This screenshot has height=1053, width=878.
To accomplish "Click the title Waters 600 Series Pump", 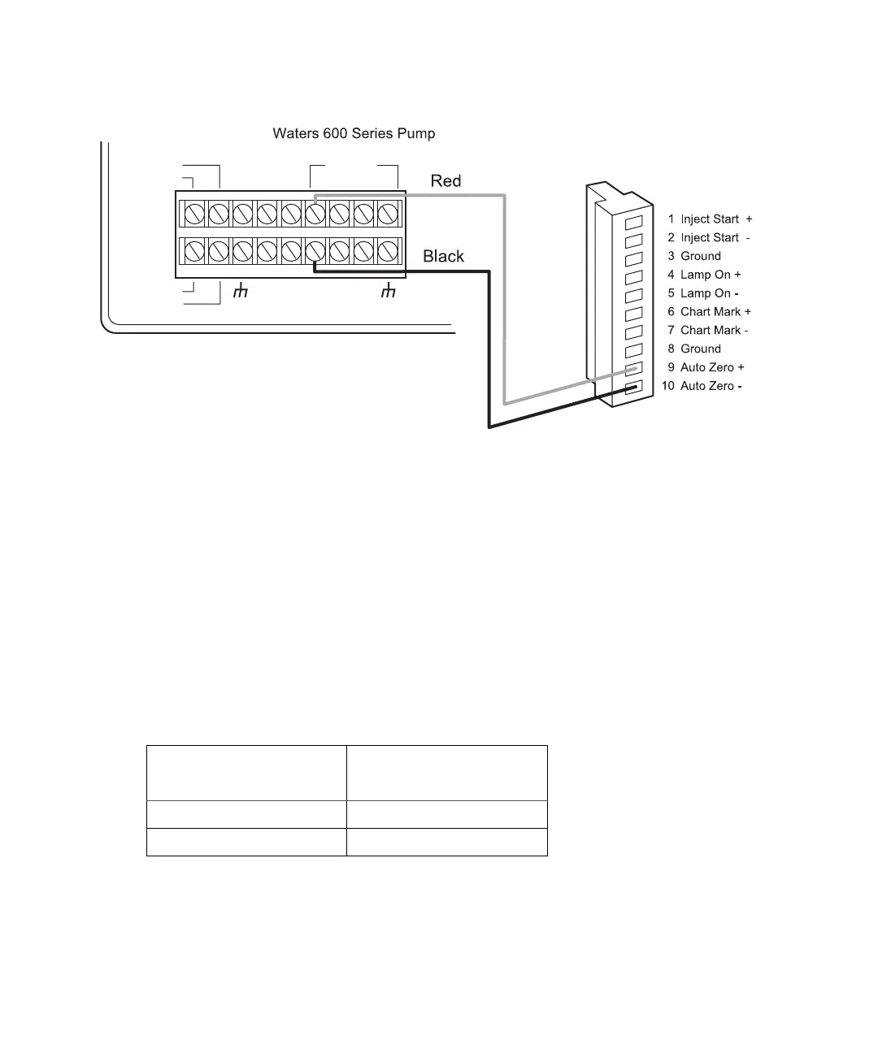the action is pos(354,133).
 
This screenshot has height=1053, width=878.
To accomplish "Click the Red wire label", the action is pos(446,181).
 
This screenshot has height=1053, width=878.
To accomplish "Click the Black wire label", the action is pos(443,257).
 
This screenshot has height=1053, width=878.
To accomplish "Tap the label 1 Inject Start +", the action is pos(710,219).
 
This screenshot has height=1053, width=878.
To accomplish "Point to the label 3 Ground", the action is pos(694,257).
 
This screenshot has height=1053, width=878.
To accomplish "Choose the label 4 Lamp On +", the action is pos(704,275).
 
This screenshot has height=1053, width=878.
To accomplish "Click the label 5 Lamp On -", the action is pos(703,294).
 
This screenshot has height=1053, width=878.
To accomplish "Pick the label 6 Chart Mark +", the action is pos(709,312).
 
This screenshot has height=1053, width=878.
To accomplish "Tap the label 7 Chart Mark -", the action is pos(708,331).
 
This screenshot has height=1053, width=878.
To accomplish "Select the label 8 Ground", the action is pos(694,349).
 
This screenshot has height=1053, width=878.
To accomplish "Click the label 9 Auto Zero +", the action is pos(706,368).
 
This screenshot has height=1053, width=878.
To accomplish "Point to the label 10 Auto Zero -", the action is pos(701,387).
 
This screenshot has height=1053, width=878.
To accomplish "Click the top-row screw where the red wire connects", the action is pos(315,214).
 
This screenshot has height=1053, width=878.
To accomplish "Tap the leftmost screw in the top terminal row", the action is pos(193,214).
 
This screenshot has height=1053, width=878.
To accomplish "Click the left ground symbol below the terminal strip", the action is pos(240,291).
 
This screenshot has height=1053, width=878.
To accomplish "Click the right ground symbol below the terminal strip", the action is pos(389,291).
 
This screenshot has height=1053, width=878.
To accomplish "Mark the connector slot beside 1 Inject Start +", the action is pos(634,221).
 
